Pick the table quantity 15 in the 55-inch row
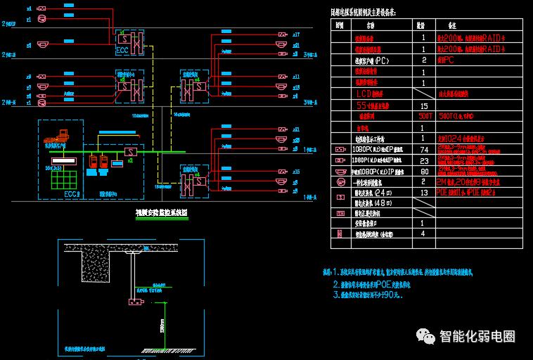[x=423, y=105]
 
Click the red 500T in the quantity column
[x=425, y=116]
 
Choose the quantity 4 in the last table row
[x=423, y=233]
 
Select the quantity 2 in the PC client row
[x=423, y=60]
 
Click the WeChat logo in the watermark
[x=427, y=336]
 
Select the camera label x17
[x=296, y=34]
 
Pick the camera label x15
[x=296, y=172]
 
